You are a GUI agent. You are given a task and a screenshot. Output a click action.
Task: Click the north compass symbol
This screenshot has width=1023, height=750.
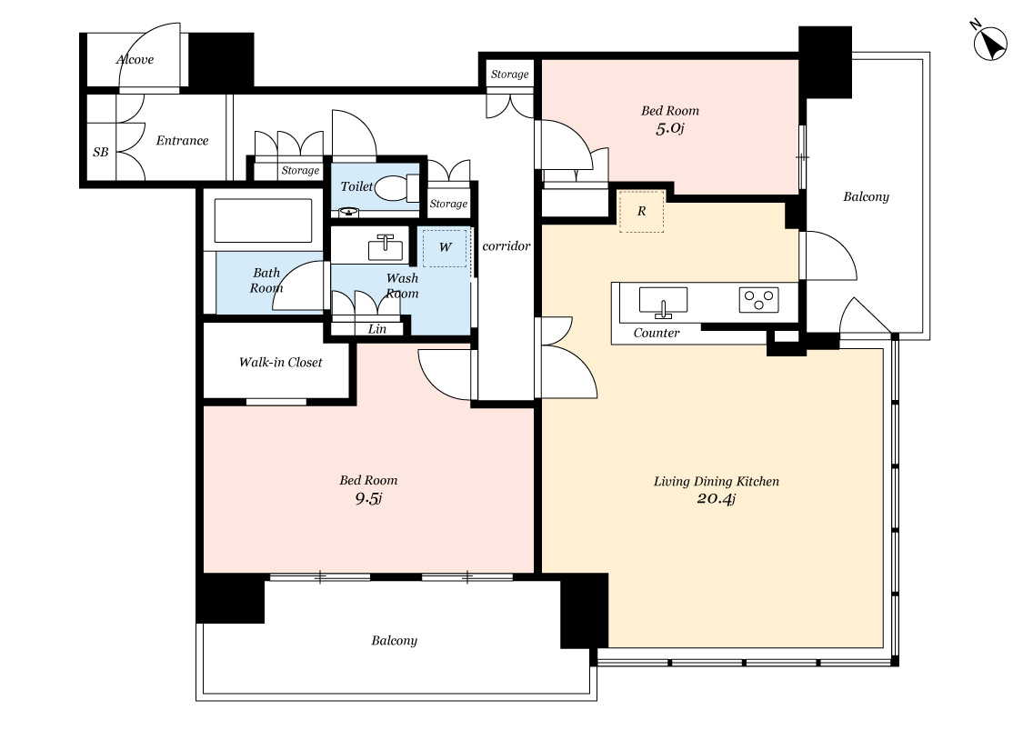(988, 43)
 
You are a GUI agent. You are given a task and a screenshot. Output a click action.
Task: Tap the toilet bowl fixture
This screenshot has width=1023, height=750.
(397, 188)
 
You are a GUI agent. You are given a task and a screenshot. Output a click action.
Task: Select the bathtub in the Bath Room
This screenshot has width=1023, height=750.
(263, 220)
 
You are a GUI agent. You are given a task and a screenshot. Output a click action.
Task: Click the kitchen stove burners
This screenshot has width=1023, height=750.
(758, 299)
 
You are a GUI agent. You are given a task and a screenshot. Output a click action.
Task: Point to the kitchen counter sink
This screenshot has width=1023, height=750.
(663, 302)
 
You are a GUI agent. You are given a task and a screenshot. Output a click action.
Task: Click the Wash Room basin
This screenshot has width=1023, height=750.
(385, 247)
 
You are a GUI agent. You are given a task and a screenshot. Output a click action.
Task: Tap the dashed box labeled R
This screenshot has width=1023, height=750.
(641, 211)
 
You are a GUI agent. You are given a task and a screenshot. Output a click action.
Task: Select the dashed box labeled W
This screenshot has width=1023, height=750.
(445, 247)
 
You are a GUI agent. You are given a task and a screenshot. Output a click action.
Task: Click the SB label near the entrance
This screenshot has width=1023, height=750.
(100, 152)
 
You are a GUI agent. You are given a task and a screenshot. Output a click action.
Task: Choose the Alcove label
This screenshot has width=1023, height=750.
(135, 59)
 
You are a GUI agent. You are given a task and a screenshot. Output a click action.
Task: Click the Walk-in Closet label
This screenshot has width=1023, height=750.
(281, 362)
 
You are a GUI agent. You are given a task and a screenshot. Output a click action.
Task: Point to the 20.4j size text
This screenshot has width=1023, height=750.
(716, 499)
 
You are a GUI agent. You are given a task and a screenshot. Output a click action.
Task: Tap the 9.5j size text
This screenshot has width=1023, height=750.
(368, 499)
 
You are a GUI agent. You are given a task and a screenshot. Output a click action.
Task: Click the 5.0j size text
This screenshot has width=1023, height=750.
(669, 128)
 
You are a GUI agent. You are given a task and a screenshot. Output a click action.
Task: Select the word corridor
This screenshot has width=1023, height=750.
(506, 245)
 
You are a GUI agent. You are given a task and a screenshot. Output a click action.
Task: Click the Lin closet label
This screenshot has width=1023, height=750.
(377, 329)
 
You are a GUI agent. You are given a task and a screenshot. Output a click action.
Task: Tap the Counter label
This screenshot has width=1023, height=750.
(657, 333)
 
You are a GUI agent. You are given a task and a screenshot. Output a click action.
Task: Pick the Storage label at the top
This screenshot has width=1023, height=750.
(509, 75)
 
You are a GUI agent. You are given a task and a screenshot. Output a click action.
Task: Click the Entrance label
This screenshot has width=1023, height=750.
(182, 140)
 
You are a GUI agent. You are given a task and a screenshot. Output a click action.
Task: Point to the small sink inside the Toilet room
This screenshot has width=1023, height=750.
(349, 211)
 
